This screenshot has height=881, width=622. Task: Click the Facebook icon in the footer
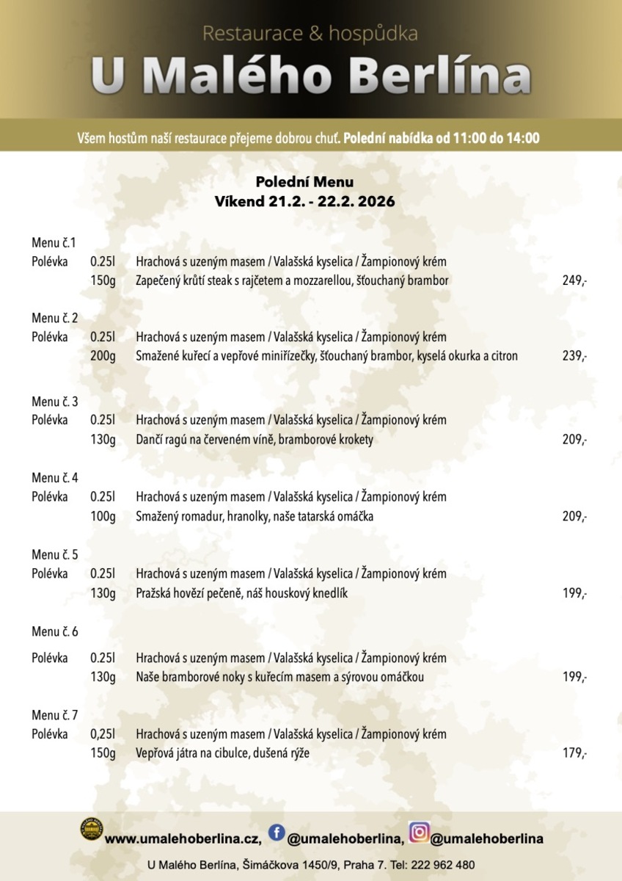pyautogui.click(x=277, y=832)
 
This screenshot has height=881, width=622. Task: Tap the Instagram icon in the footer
pyautogui.click(x=419, y=832)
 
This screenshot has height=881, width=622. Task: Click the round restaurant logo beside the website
pyautogui.click(x=91, y=830)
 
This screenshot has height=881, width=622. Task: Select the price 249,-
pyautogui.click(x=574, y=280)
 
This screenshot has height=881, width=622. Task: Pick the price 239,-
pyautogui.click(x=574, y=356)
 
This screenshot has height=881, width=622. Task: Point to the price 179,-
pyautogui.click(x=574, y=753)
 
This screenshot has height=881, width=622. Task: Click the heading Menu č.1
pyautogui.click(x=54, y=242)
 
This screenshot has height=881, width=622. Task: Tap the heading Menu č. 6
pyautogui.click(x=55, y=631)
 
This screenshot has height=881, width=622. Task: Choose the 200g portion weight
pyautogui.click(x=103, y=356)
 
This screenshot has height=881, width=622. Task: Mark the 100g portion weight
pyautogui.click(x=103, y=517)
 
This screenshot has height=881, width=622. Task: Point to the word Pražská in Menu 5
pyautogui.click(x=155, y=593)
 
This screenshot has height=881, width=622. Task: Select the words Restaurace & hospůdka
pyautogui.click(x=310, y=33)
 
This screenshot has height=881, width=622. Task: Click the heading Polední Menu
pyautogui.click(x=304, y=181)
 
